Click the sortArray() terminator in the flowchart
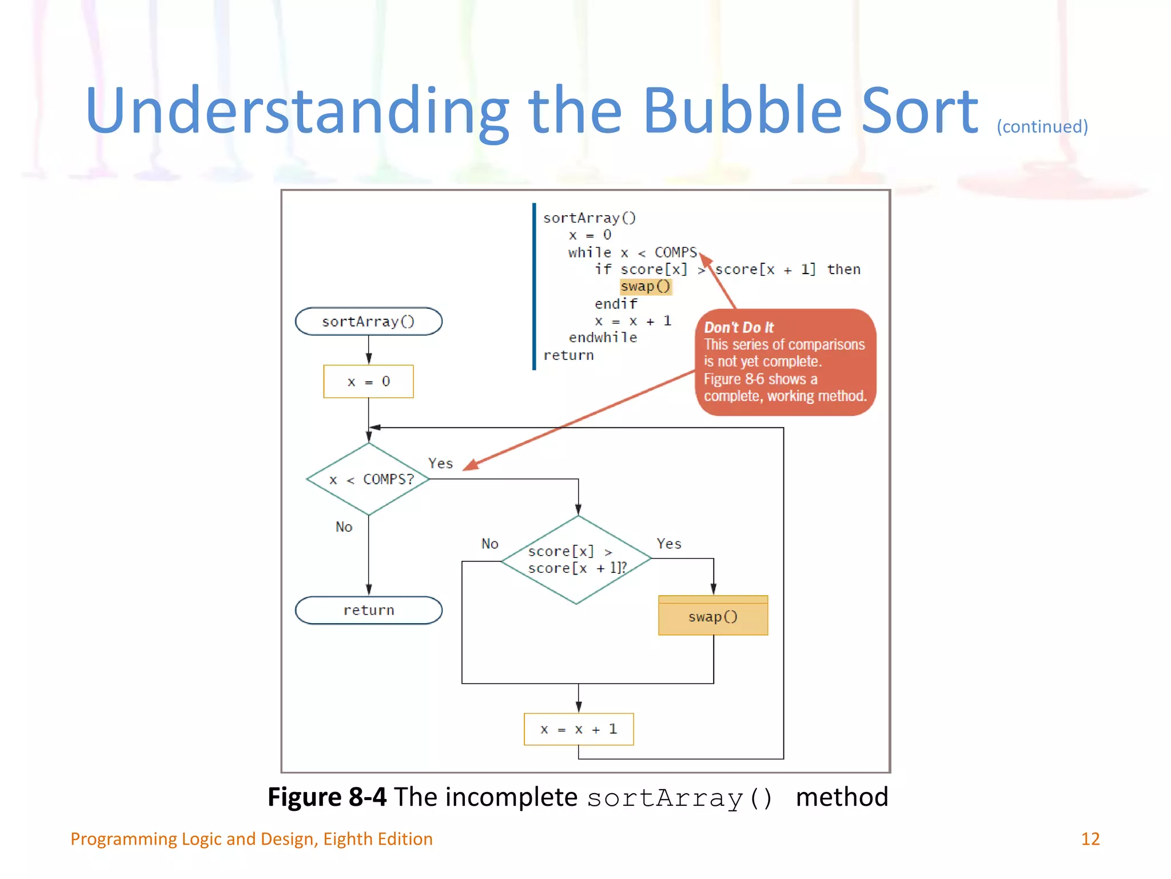(x=368, y=322)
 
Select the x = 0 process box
(x=368, y=382)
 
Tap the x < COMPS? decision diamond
(x=369, y=479)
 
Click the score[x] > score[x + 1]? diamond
(x=576, y=560)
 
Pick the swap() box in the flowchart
(x=712, y=616)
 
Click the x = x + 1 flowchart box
(x=578, y=729)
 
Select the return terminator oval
(x=368, y=610)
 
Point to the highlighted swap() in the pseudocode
(x=645, y=286)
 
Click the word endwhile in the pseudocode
(x=602, y=338)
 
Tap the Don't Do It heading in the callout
(x=738, y=327)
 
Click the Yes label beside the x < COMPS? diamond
(x=440, y=463)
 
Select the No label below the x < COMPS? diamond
(x=344, y=526)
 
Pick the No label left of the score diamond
(x=489, y=544)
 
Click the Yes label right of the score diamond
(x=668, y=544)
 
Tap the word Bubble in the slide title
(x=742, y=110)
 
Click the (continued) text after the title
(x=1042, y=126)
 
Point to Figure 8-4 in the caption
(x=326, y=797)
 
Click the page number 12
(x=1090, y=839)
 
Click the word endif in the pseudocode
(x=615, y=303)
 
